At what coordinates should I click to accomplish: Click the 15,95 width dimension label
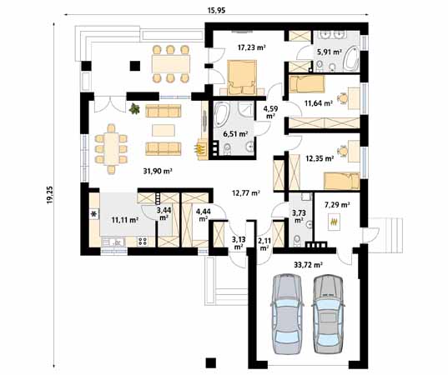pos(216,11)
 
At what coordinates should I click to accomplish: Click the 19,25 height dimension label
pos(50,195)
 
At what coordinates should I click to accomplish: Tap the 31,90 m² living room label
pos(158,171)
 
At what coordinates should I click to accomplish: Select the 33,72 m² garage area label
pos(309,265)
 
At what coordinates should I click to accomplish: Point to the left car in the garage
pos(287,314)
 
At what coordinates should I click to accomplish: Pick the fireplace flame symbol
pos(199,148)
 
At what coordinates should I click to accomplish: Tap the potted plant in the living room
pos(134,108)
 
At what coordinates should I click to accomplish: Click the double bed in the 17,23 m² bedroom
pos(241,77)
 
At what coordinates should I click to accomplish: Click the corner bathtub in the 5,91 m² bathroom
pos(351,59)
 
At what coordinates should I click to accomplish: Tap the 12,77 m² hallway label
pos(246,193)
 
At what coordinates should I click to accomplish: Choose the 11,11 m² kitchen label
pos(125,220)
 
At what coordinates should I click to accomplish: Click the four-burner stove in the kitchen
pos(143,242)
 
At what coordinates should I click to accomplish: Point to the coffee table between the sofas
pos(164,131)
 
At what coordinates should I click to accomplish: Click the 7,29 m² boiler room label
pos(337,205)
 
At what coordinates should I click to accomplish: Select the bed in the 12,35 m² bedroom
pos(341,181)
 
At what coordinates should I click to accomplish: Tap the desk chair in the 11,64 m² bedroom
pos(343,98)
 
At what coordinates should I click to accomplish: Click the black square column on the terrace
pos(135,66)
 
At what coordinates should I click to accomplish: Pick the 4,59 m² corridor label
pos(270,112)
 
